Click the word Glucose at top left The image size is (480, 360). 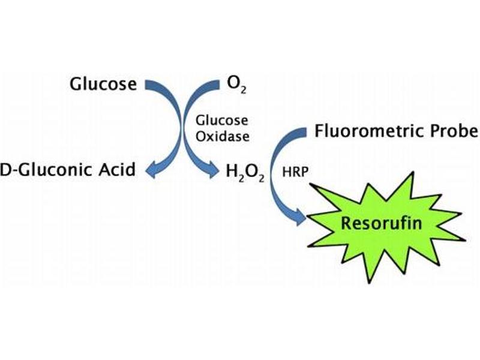coord(103,83)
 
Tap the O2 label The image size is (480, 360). coord(235,84)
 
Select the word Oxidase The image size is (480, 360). coord(223,136)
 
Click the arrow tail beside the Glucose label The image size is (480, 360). coord(146,83)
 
